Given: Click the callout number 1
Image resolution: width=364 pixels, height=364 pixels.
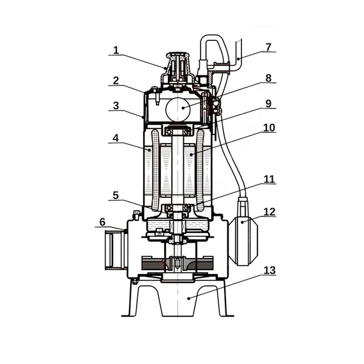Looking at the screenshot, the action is [x=116, y=50].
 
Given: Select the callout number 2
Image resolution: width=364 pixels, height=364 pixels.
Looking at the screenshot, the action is [x=116, y=81].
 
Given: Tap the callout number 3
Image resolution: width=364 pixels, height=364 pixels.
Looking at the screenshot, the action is [x=116, y=105].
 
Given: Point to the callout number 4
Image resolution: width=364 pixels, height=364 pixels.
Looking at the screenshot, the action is [x=116, y=138].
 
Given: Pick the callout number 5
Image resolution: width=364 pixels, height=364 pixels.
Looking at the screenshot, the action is [x=116, y=195].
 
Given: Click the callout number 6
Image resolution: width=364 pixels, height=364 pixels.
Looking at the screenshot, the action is [x=102, y=222].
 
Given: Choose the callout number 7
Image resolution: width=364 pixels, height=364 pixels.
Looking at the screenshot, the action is [x=268, y=47].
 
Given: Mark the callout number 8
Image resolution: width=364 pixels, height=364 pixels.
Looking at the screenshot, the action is [x=268, y=79].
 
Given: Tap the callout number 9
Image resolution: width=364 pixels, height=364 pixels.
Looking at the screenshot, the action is [x=268, y=103].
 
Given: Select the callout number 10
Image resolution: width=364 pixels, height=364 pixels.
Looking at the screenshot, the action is [x=269, y=128].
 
